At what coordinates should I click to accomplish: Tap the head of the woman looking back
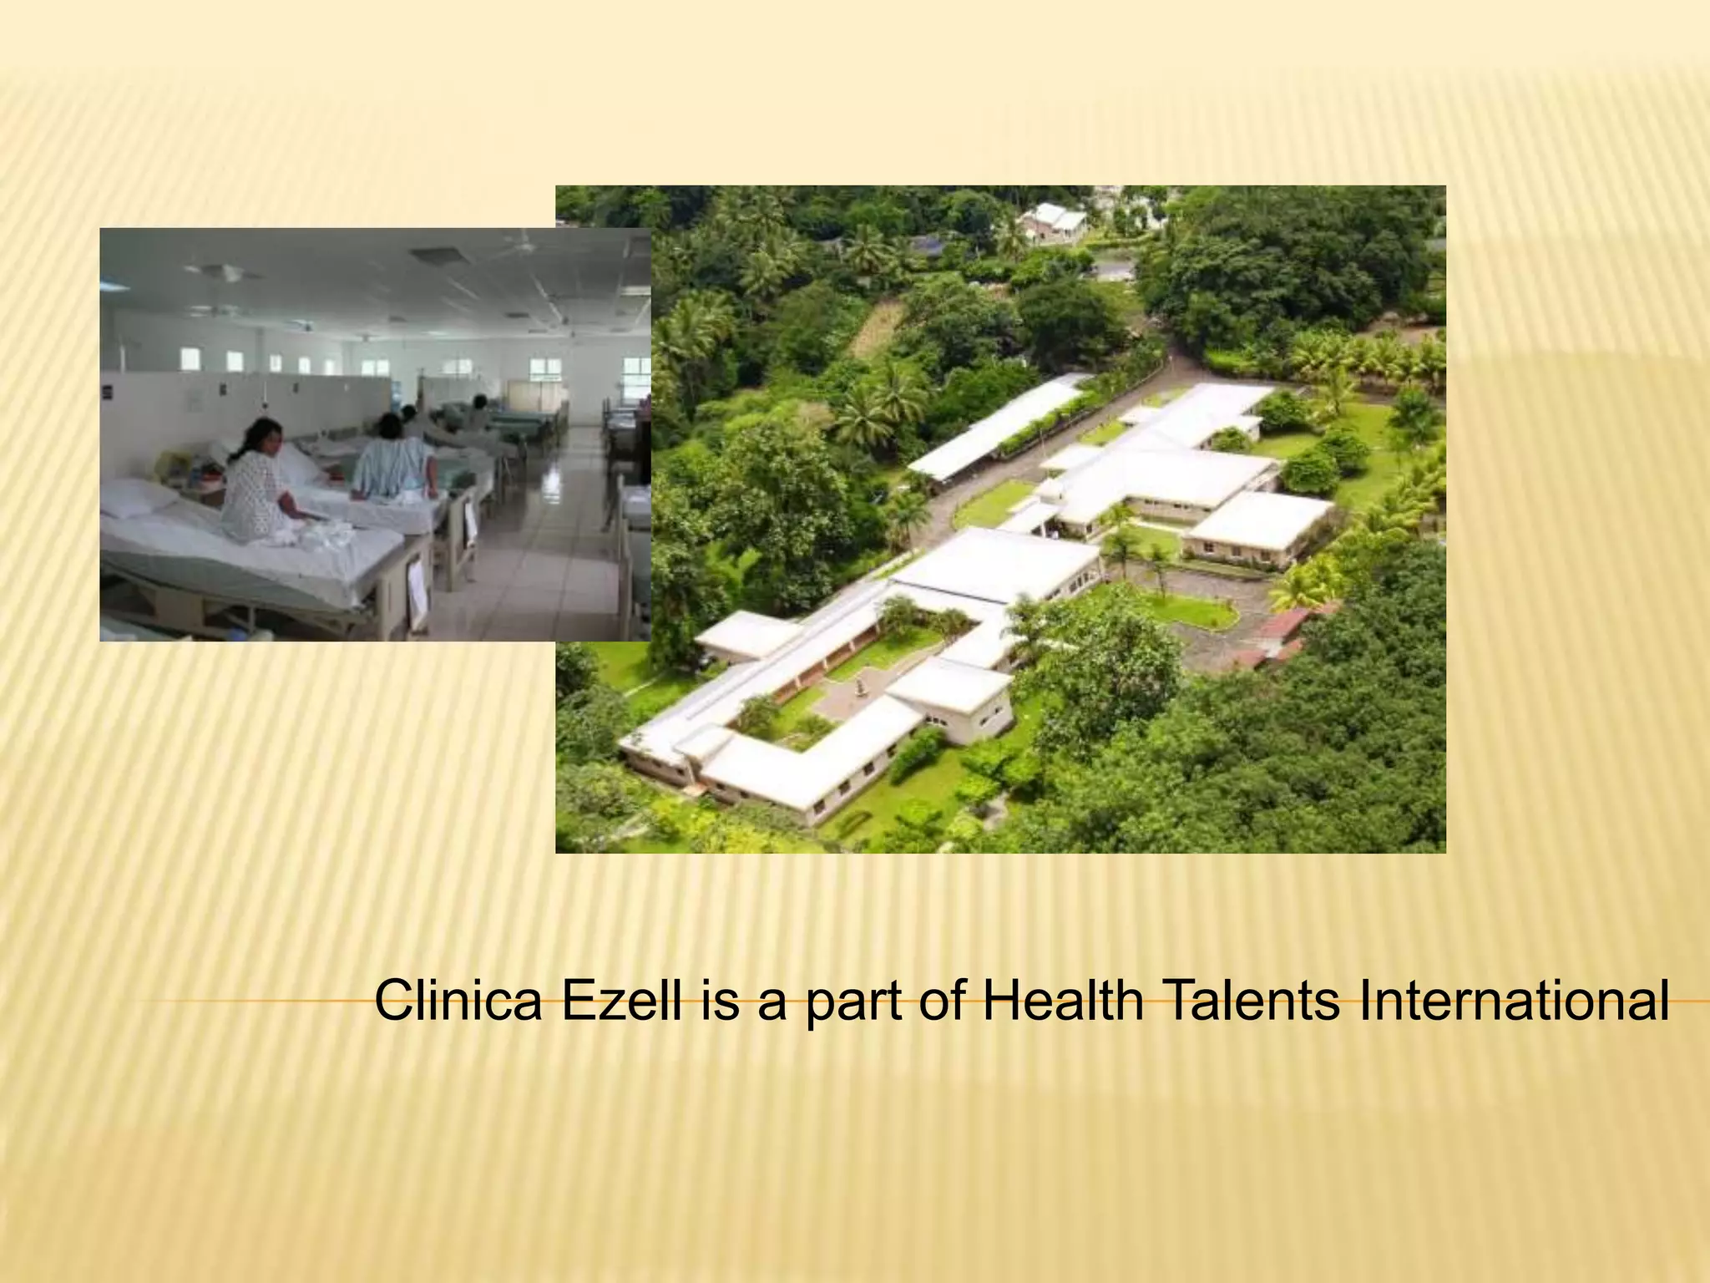click(x=264, y=440)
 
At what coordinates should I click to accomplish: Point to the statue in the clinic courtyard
click(x=859, y=687)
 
